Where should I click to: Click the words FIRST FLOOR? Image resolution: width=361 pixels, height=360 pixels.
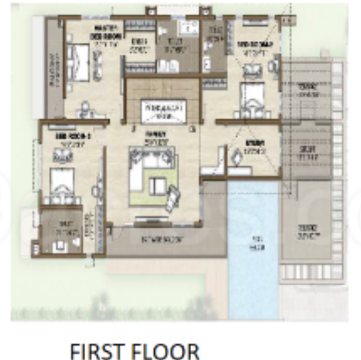click(135, 351)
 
